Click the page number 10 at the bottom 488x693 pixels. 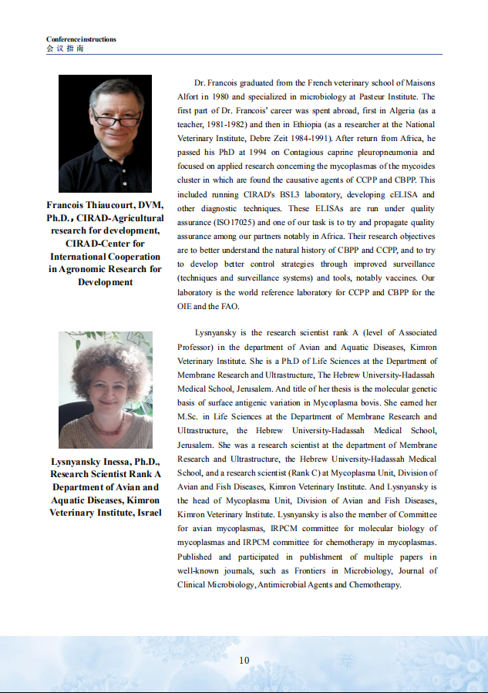pos(244,660)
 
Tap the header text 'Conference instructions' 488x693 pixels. pos(81,39)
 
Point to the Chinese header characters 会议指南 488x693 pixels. pos(66,48)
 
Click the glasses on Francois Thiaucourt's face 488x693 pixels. pos(116,121)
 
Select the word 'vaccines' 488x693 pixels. pos(392,278)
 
